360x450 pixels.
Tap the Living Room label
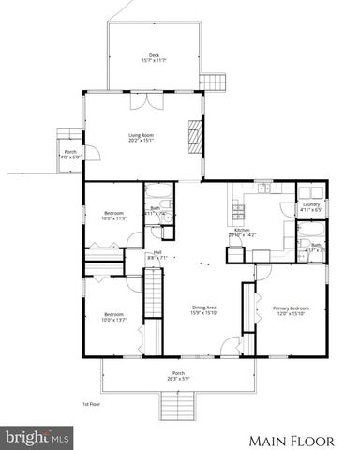[x=142, y=138]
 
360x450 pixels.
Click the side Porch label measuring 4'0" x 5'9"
[x=69, y=154]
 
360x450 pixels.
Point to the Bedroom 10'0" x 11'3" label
[x=113, y=217]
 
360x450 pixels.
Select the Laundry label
[x=311, y=207]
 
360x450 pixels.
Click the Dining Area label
[x=178, y=310]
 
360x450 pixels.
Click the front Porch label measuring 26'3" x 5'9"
[x=177, y=377]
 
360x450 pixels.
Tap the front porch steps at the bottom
[x=177, y=406]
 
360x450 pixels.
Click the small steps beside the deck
[x=219, y=82]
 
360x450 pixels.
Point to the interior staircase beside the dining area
[x=153, y=295]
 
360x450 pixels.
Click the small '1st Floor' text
[x=92, y=404]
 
